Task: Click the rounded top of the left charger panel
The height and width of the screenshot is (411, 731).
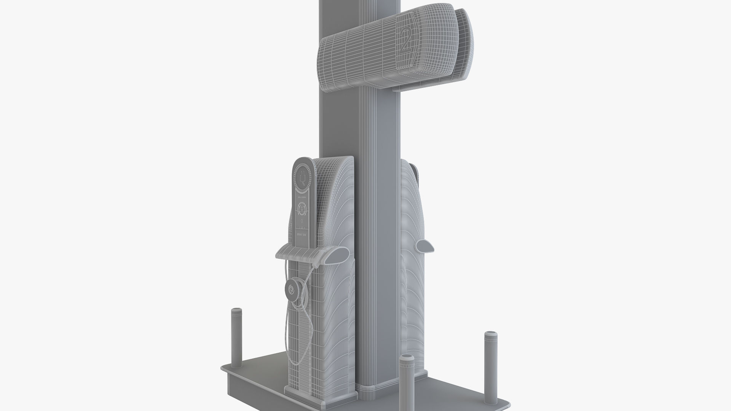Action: point(304,162)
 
